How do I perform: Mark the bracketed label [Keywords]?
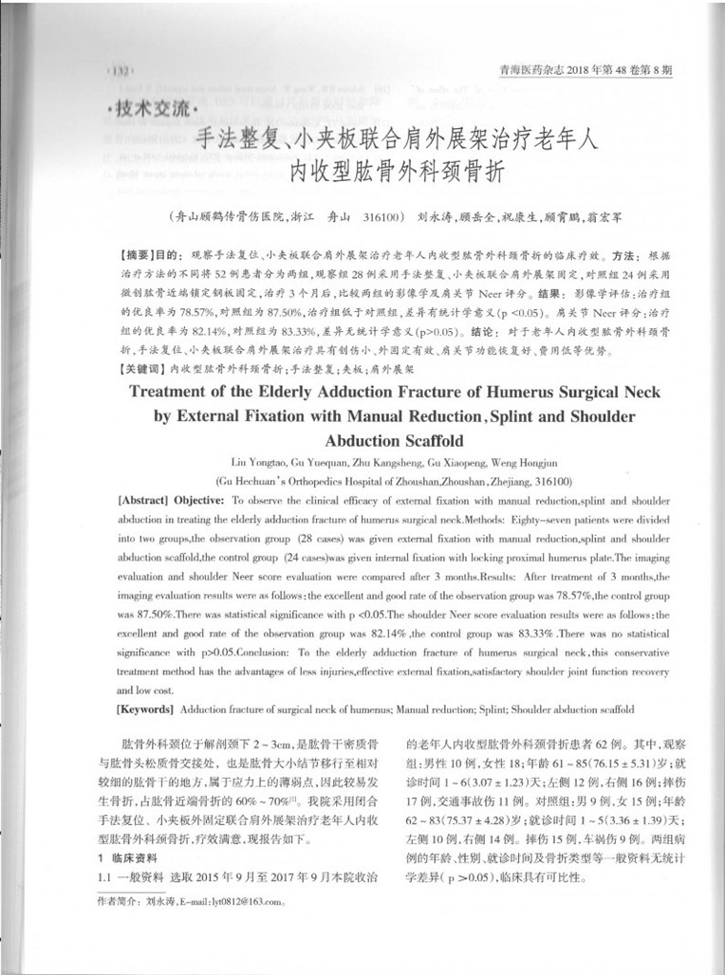point(144,709)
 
